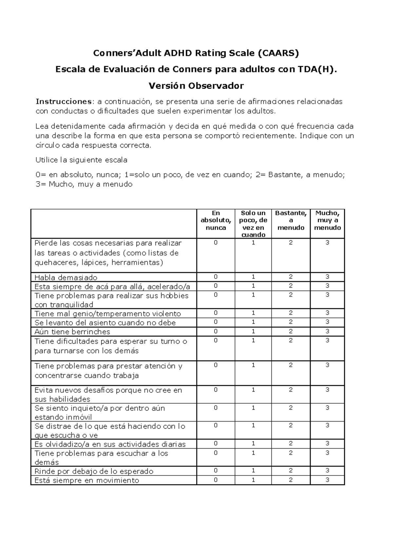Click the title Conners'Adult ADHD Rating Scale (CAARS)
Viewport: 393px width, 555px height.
coord(196,53)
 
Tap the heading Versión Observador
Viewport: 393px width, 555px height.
coord(196,86)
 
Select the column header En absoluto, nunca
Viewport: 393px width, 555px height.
coord(216,220)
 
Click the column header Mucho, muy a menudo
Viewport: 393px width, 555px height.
coord(327,220)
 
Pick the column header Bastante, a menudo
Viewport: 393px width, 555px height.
coord(291,220)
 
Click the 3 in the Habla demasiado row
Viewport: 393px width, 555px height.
coord(327,277)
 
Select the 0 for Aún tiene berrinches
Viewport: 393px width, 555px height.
coord(216,331)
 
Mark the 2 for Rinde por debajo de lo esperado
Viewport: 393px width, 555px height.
coord(291,471)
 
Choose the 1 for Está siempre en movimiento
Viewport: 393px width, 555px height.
coord(253,480)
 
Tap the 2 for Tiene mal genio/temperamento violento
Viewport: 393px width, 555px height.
coord(291,313)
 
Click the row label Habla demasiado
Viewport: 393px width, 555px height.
coord(66,277)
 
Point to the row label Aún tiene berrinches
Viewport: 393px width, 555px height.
coord(72,332)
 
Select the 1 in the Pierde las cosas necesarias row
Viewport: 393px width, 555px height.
coord(253,243)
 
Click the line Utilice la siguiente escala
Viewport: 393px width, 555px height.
coord(81,160)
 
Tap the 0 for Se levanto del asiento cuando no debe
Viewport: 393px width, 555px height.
coord(216,322)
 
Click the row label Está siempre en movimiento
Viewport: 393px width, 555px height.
coord(87,480)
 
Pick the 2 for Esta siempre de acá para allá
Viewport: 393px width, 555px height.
coord(291,286)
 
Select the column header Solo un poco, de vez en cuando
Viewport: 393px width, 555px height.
coord(253,224)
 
